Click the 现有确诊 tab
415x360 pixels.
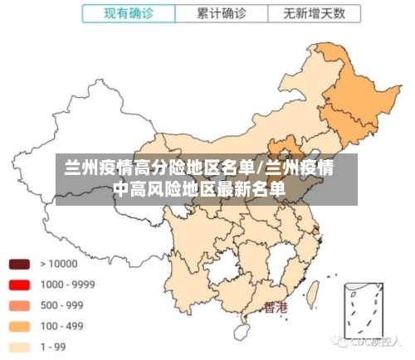click(x=129, y=13)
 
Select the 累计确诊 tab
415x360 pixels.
click(x=222, y=13)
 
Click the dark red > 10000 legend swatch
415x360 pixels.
click(x=20, y=264)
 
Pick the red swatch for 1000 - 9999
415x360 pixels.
click(x=20, y=285)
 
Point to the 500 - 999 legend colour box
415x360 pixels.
click(x=20, y=305)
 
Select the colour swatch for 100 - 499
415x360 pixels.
click(x=20, y=326)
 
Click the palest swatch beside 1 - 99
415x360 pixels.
click(x=20, y=347)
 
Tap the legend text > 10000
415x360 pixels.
click(x=58, y=264)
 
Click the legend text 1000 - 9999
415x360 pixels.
click(x=67, y=285)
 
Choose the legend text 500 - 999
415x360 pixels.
click(x=61, y=305)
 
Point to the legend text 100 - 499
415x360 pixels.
click(x=61, y=326)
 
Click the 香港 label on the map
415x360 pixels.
click(x=276, y=308)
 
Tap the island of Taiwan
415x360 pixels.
click(x=315, y=293)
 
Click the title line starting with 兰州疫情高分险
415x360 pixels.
click(x=198, y=169)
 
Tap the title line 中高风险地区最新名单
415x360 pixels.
click(x=198, y=190)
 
